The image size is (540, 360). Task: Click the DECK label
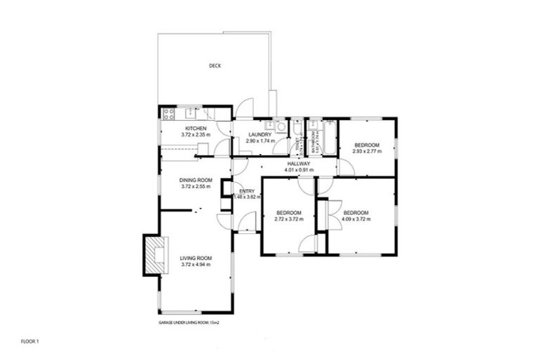[215, 66]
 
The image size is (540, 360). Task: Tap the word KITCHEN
[195, 128]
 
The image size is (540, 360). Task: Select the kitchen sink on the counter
[190, 113]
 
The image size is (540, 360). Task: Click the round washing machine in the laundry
[279, 127]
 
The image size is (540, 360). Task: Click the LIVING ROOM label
[195, 258]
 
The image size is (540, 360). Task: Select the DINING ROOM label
[195, 180]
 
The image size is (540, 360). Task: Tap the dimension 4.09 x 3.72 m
[356, 219]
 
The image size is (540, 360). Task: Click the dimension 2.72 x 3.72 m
[288, 219]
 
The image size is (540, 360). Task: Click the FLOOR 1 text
[30, 341]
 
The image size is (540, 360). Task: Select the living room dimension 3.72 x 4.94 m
[195, 264]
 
